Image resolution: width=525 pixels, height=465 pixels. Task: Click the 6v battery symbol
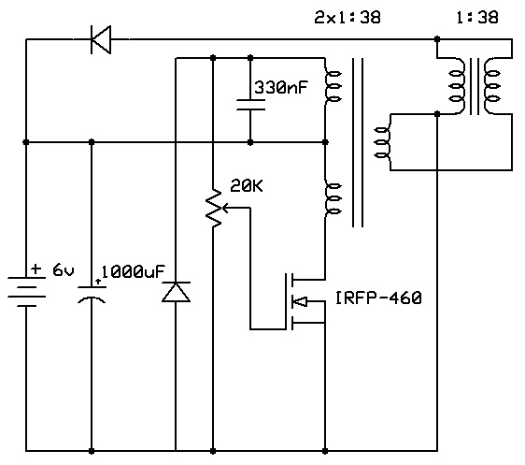pyautogui.click(x=26, y=292)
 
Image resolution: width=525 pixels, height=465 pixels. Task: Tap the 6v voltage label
pyautogui.click(x=64, y=270)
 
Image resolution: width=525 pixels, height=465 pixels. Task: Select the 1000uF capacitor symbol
pyautogui.click(x=92, y=295)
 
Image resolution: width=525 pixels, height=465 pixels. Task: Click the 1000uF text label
pyautogui.click(x=133, y=271)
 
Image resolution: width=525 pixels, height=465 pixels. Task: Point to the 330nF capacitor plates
pyautogui.click(x=250, y=105)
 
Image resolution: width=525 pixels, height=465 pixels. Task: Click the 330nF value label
pyautogui.click(x=281, y=88)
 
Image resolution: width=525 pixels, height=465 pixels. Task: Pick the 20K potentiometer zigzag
pyautogui.click(x=213, y=209)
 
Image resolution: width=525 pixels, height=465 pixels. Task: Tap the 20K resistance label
pyautogui.click(x=247, y=186)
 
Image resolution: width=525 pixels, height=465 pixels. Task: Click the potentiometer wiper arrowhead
pyautogui.click(x=225, y=209)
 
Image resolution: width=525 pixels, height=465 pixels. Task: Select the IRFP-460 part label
pyautogui.click(x=378, y=298)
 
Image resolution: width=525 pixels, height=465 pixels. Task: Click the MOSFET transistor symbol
pyautogui.click(x=305, y=301)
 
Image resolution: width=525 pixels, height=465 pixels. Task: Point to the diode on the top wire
pyautogui.click(x=101, y=39)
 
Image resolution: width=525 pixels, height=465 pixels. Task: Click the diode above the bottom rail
pyautogui.click(x=176, y=292)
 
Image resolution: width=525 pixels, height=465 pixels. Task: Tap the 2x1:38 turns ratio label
pyautogui.click(x=348, y=18)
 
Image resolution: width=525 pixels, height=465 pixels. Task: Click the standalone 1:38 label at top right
pyautogui.click(x=477, y=18)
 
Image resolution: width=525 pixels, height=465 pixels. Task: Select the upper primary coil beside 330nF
pyautogui.click(x=332, y=86)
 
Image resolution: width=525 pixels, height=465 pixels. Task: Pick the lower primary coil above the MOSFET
pyautogui.click(x=332, y=198)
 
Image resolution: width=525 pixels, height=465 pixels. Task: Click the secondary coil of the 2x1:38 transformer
pyautogui.click(x=383, y=142)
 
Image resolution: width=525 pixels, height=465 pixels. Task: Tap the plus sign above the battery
pyautogui.click(x=35, y=269)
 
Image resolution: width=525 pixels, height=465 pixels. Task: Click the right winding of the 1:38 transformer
pyautogui.click(x=491, y=86)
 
